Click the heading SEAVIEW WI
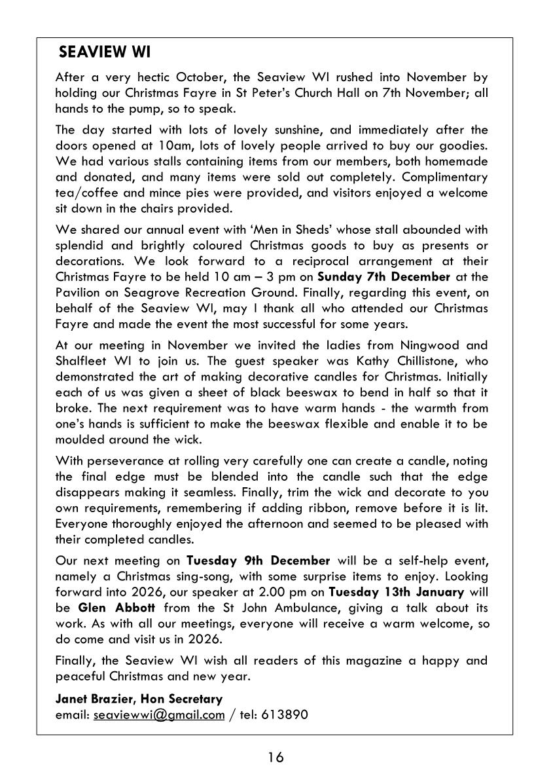105,52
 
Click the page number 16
275,757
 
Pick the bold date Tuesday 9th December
258,561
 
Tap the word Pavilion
80,292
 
